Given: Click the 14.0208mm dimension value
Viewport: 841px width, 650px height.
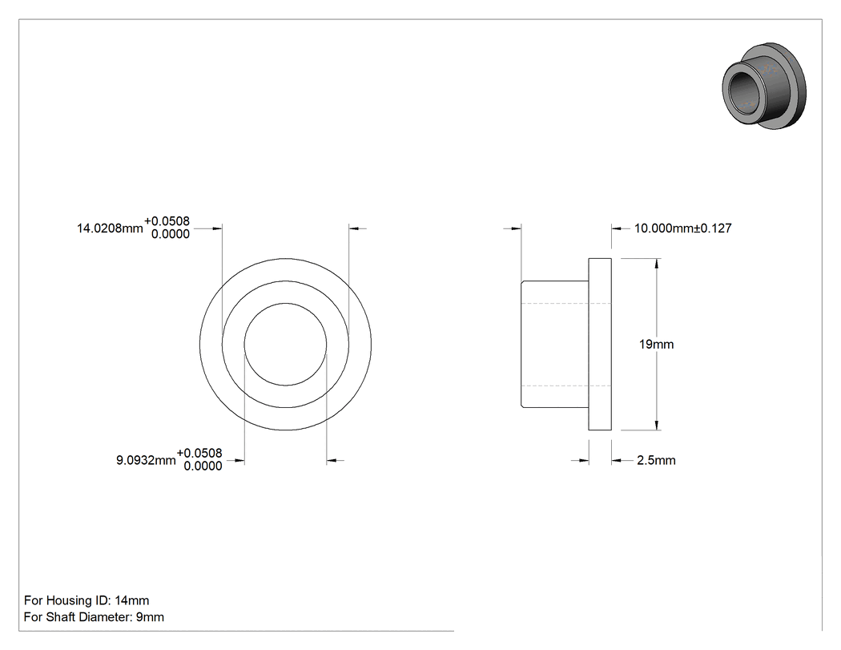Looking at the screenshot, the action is (110, 228).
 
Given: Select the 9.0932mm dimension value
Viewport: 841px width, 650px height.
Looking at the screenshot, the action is (146, 460).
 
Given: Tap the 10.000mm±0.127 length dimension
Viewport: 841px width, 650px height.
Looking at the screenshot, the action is (682, 228).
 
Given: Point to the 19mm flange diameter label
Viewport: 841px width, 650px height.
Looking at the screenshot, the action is (657, 344).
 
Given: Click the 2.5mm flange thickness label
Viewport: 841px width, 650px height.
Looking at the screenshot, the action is (656, 460).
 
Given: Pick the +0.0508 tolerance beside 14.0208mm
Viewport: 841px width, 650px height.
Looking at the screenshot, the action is (167, 221).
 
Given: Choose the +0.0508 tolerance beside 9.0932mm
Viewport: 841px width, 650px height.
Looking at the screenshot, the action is (199, 454).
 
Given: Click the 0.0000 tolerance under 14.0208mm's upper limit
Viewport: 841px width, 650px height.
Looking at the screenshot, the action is (171, 234).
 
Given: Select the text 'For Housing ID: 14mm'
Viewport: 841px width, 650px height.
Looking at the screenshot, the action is (87, 600).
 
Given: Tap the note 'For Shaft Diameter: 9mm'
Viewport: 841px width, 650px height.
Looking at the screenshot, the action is (94, 616).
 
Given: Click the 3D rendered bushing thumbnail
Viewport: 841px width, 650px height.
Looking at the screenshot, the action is (764, 86).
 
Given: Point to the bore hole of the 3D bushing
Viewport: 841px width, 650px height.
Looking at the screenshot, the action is (742, 87).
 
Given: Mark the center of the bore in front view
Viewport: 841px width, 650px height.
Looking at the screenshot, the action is (285, 344).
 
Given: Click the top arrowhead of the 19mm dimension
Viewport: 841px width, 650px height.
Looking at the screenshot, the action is (657, 263).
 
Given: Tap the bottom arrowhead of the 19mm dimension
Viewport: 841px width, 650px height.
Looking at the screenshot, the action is (657, 425).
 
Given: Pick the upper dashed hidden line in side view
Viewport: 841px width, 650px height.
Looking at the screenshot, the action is (566, 303).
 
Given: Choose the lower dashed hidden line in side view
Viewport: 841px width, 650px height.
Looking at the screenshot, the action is (566, 386).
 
